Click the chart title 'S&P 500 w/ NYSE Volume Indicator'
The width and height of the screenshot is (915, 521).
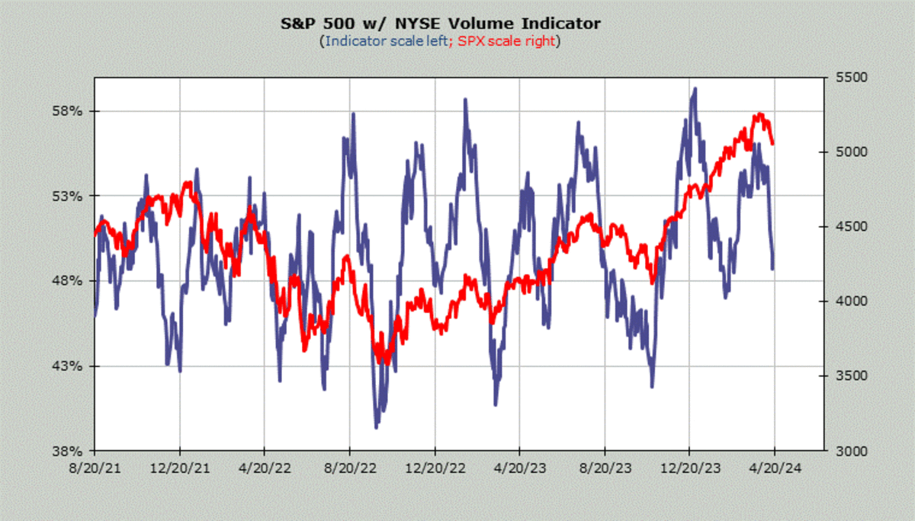441,24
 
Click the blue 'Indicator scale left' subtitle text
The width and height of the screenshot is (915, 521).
386,41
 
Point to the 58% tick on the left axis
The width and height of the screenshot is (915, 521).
66,111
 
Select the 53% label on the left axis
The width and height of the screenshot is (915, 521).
66,196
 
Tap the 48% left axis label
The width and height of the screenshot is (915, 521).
66,281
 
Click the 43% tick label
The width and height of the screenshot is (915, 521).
66,366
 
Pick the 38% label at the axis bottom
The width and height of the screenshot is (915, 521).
66,451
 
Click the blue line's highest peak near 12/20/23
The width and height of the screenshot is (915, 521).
694,89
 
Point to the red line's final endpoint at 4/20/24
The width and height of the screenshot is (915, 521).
773,142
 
